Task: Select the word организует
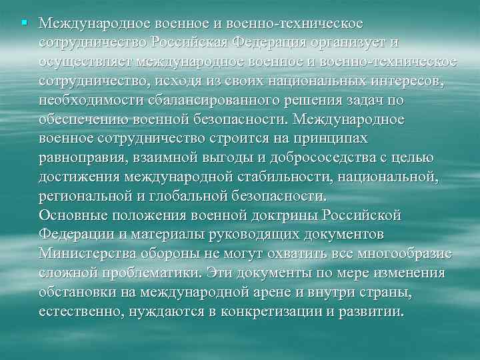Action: pyautogui.click(x=347, y=43)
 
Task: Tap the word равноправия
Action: pyautogui.click(x=82, y=158)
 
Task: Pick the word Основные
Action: pyautogui.click(x=71, y=215)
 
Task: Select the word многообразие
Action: pyautogui.click(x=404, y=254)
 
